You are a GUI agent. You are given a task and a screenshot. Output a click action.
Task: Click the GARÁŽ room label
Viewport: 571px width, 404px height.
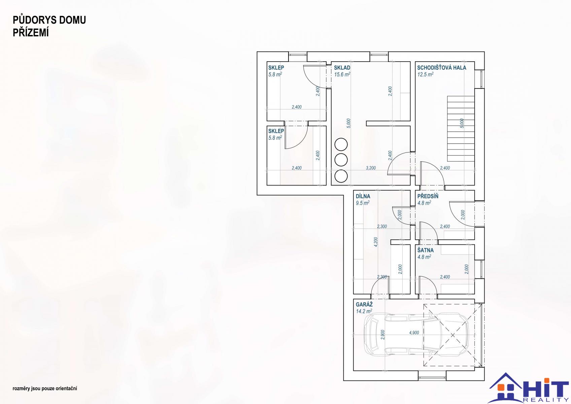click(364, 304)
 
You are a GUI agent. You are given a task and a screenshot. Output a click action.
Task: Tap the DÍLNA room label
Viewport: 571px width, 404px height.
click(363, 196)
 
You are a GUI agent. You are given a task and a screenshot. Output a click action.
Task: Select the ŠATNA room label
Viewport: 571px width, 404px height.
click(426, 250)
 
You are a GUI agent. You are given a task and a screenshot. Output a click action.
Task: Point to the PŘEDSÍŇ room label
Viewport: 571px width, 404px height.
click(428, 196)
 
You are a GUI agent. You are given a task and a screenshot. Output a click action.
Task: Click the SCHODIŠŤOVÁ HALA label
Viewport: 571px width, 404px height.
click(441, 68)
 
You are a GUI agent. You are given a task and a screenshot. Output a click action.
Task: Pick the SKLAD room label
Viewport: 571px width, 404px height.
click(342, 68)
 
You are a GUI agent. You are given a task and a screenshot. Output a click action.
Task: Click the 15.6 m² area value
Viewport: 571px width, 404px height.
click(342, 74)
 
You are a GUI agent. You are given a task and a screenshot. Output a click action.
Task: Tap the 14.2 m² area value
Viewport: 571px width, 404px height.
click(364, 311)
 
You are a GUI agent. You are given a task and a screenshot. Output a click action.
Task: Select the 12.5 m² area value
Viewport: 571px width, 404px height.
click(425, 74)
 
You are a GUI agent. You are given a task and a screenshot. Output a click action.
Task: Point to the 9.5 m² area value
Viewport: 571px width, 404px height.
click(363, 203)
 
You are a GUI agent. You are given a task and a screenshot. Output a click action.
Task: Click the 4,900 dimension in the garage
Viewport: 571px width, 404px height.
click(414, 333)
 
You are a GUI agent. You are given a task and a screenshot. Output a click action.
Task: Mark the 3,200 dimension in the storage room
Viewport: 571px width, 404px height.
click(371, 168)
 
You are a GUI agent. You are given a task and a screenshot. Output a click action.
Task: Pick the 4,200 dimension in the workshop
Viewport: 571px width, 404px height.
click(375, 242)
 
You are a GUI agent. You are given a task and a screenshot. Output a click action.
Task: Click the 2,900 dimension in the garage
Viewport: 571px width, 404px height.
click(382, 335)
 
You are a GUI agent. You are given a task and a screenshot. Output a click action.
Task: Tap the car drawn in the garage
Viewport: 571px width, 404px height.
click(416, 335)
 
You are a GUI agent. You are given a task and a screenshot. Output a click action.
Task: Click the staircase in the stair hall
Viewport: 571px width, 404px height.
click(461, 129)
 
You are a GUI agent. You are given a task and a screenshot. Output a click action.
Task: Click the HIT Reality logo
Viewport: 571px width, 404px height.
click(529, 388)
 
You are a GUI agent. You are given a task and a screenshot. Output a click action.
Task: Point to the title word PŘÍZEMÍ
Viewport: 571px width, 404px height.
click(31, 33)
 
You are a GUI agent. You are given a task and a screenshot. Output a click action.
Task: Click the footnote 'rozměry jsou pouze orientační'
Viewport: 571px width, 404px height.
click(45, 389)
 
